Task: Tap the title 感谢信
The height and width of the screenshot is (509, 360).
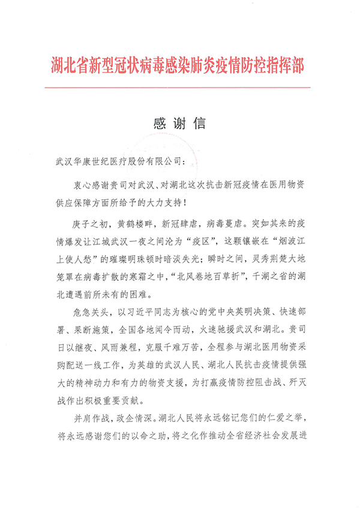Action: click(180, 124)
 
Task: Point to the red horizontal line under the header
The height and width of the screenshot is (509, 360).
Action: click(180, 88)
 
